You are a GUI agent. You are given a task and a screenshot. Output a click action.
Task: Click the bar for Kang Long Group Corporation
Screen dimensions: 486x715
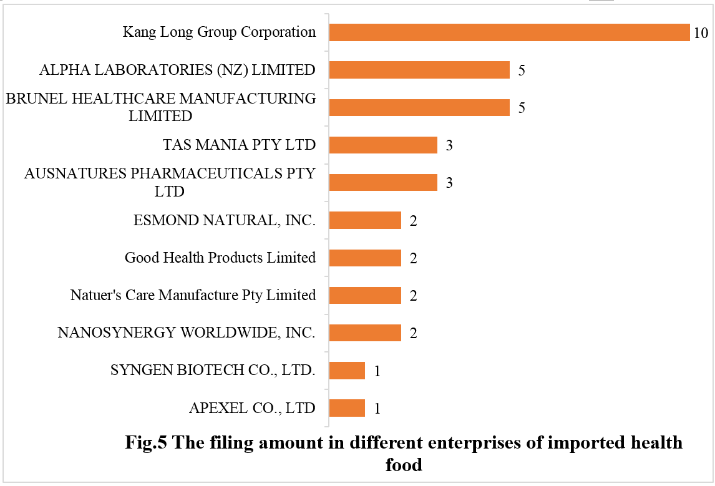(508, 32)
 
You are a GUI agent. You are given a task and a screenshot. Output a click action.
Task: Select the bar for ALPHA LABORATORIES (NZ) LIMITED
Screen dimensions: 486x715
(419, 70)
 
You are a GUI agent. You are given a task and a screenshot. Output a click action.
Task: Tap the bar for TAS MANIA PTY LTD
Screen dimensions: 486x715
(382, 145)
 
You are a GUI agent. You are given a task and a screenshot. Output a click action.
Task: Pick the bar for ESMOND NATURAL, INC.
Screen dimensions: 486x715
(364, 220)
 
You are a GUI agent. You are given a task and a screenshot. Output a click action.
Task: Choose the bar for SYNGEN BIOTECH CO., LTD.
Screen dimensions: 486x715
(346, 371)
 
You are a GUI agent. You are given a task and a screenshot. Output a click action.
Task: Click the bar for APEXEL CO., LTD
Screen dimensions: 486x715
(346, 408)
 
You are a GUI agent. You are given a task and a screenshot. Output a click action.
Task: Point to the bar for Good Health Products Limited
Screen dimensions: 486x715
(364, 258)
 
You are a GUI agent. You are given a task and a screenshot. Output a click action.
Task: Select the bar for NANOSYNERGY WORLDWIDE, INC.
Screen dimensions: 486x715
(364, 333)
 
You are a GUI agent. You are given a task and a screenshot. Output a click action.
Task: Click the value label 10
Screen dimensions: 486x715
(700, 33)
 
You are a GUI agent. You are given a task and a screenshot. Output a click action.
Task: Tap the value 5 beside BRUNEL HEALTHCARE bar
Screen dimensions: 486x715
(522, 108)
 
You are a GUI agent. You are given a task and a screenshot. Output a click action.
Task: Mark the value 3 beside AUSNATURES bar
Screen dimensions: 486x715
(449, 183)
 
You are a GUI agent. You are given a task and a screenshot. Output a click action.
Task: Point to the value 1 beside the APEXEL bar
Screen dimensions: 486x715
(377, 409)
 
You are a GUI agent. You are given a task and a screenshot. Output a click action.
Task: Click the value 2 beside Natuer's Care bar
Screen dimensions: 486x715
(413, 296)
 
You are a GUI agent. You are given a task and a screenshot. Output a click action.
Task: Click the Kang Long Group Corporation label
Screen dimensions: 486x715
(219, 32)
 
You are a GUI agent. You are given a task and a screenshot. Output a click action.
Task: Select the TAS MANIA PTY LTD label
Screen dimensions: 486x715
(238, 145)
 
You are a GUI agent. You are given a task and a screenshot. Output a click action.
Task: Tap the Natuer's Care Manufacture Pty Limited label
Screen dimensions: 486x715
(193, 295)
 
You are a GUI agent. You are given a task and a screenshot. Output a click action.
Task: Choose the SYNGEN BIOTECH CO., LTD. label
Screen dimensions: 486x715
(213, 371)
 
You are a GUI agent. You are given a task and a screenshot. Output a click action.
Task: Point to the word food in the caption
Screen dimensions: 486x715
(404, 465)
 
